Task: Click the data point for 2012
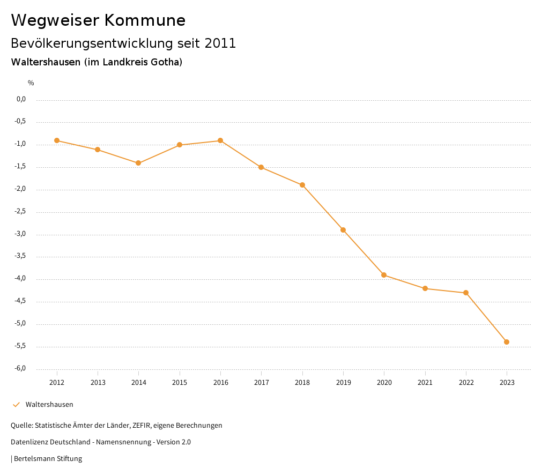click(57, 140)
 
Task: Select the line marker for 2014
click(138, 163)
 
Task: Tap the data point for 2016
click(220, 140)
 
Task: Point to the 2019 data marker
click(343, 230)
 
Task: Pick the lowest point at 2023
click(507, 342)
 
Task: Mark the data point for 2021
click(425, 288)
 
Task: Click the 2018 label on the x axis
click(302, 383)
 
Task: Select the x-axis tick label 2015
click(180, 383)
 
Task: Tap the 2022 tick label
click(466, 383)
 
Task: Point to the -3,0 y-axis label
click(21, 234)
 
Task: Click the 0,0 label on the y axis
click(21, 99)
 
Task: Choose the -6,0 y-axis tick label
click(21, 369)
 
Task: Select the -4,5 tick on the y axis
click(21, 301)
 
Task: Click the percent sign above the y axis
click(31, 83)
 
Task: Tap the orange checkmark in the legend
click(16, 405)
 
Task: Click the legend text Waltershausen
click(49, 405)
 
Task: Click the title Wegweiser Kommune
click(98, 20)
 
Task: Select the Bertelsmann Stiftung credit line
click(48, 459)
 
